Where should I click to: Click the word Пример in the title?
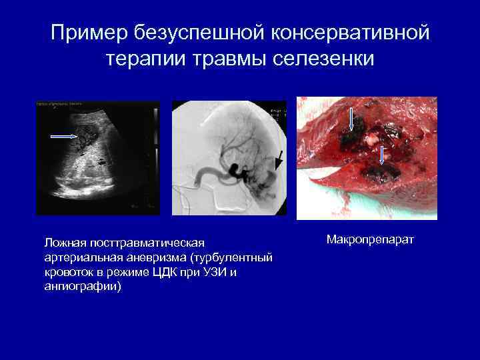coord(88,33)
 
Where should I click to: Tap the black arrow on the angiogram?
coord(279,159)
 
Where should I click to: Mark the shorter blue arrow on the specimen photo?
coord(382,155)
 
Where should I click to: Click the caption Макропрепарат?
coord(370,239)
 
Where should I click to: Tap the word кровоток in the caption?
coord(65,272)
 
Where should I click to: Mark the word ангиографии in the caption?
coord(80,286)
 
